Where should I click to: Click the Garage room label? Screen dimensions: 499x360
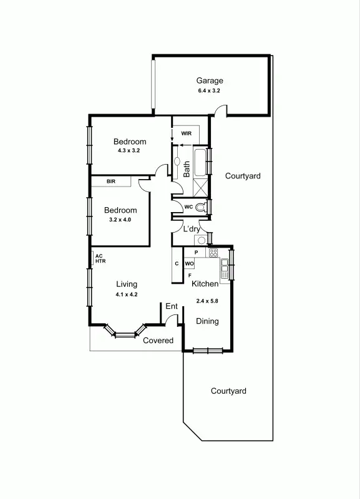click(210, 80)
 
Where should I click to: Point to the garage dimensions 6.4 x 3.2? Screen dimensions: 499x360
click(210, 91)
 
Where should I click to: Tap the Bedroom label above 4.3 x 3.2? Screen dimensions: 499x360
click(130, 142)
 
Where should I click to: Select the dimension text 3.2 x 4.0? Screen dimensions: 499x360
click(120, 220)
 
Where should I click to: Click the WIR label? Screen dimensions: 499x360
click(186, 133)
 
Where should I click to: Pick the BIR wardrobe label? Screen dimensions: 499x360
click(111, 182)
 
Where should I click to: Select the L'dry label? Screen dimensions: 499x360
click(192, 229)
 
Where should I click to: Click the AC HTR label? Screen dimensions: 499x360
click(100, 258)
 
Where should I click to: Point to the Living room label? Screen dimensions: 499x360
click(127, 284)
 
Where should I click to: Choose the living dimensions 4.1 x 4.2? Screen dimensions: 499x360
click(127, 294)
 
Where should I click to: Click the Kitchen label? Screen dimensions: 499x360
click(205, 284)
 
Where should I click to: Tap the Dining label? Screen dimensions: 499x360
click(208, 321)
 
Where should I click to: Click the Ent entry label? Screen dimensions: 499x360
click(172, 306)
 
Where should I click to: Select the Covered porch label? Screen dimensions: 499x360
click(158, 341)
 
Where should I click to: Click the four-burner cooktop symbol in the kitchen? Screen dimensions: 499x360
click(213, 253)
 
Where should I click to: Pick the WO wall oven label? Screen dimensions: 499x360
click(190, 264)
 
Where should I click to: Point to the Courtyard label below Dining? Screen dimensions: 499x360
click(228, 391)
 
